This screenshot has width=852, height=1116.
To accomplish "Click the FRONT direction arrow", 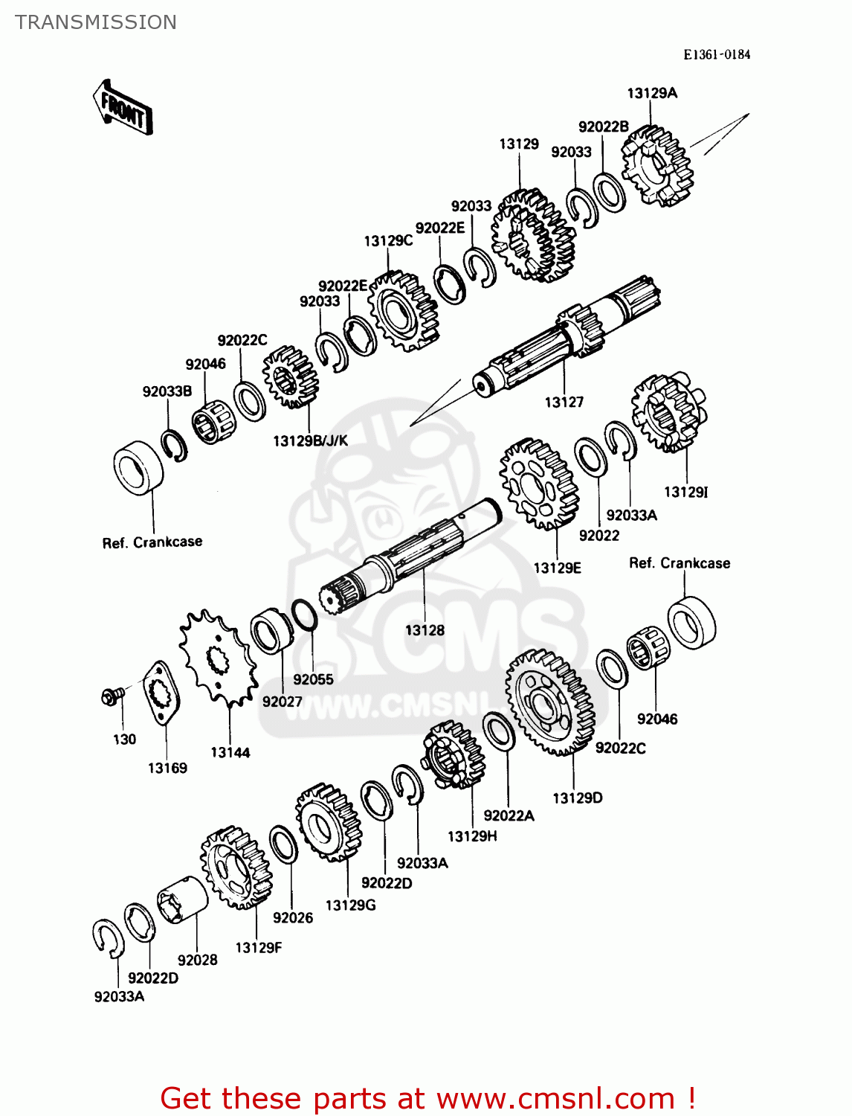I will pyautogui.click(x=123, y=109).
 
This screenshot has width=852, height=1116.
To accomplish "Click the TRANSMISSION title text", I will pyautogui.click(x=96, y=22).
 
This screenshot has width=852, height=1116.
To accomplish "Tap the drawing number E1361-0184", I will pyautogui.click(x=717, y=54).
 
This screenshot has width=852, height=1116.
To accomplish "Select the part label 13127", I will pyautogui.click(x=564, y=403).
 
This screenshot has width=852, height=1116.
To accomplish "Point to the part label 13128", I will pyautogui.click(x=425, y=630).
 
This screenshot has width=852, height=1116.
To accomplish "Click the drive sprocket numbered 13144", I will pyautogui.click(x=217, y=657).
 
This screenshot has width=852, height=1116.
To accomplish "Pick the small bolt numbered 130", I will pyautogui.click(x=113, y=696).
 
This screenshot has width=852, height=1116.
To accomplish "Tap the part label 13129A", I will pyautogui.click(x=652, y=93).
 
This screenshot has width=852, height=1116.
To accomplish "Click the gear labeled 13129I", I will pyautogui.click(x=668, y=414).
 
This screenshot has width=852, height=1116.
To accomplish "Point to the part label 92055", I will pyautogui.click(x=313, y=679).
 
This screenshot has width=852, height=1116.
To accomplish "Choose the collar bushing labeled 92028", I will pyautogui.click(x=183, y=900).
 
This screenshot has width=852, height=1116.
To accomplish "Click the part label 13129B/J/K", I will pyautogui.click(x=310, y=440).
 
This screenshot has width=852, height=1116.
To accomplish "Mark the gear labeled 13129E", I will pyautogui.click(x=539, y=484).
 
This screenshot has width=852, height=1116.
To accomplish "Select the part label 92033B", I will pyautogui.click(x=167, y=391).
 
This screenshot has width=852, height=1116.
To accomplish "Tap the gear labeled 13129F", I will pyautogui.click(x=236, y=868).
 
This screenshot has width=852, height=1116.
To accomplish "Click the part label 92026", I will pyautogui.click(x=293, y=917).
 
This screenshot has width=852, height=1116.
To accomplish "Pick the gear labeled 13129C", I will pyautogui.click(x=404, y=310).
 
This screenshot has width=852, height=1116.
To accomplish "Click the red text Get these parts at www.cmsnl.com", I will pyautogui.click(x=427, y=1098).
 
